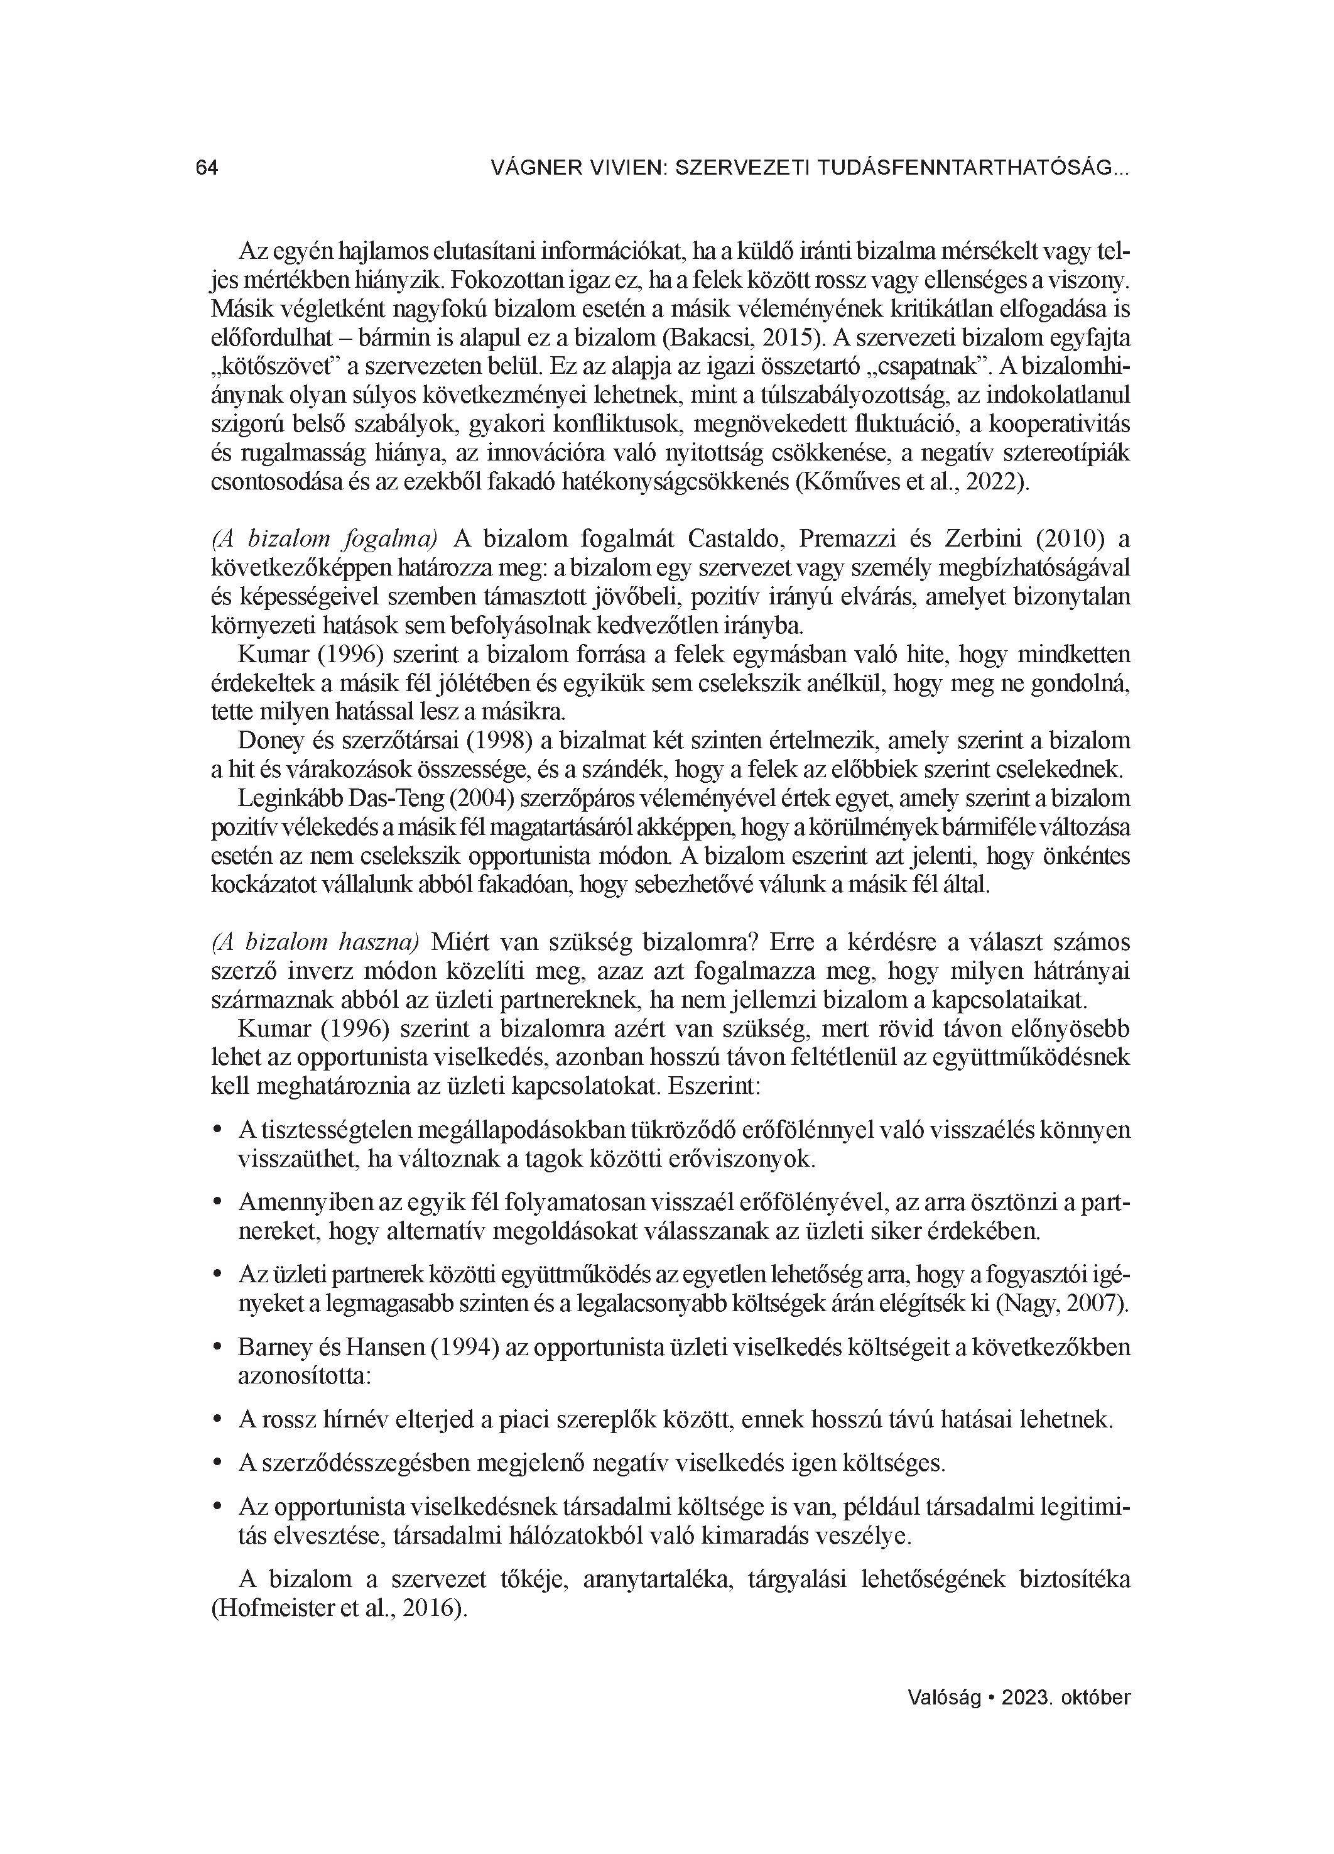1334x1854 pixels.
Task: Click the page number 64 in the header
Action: [x=207, y=168]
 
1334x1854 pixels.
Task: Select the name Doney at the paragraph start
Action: [x=269, y=741]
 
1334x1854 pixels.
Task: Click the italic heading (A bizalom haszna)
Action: [x=315, y=942]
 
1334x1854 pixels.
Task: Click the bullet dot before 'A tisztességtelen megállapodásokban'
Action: [x=217, y=1130]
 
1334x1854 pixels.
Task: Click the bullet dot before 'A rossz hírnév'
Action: [x=217, y=1419]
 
